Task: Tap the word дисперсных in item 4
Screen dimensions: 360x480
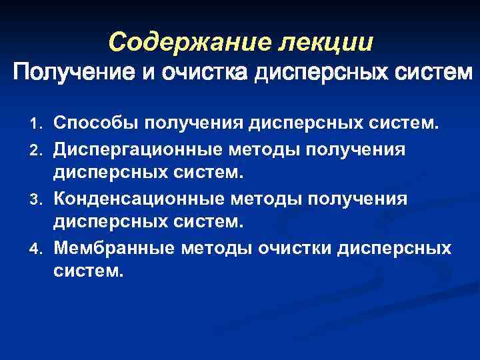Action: (395, 249)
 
